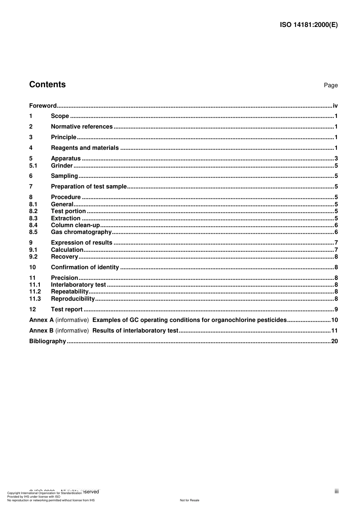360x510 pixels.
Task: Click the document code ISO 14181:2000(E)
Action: click(308, 25)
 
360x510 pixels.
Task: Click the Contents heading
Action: click(47, 85)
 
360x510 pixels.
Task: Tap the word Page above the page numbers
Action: click(330, 85)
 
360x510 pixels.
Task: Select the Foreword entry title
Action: click(43, 106)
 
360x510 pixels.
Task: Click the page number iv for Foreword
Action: click(335, 106)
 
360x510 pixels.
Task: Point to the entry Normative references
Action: click(81, 127)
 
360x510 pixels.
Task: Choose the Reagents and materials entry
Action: click(85, 148)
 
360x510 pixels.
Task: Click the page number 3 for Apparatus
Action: click(336, 158)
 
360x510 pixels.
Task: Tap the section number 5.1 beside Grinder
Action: click(33, 166)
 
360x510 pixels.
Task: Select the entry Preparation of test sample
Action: click(89, 187)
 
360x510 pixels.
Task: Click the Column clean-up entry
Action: click(75, 225)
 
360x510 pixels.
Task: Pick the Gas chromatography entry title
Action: click(81, 232)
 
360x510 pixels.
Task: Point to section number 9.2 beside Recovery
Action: click(33, 257)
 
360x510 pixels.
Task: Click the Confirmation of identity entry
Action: click(85, 267)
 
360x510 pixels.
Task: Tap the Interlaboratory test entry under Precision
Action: click(78, 285)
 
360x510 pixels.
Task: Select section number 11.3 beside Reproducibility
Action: click(35, 299)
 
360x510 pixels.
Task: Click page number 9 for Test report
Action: click(336, 309)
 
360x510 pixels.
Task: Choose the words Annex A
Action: click(41, 320)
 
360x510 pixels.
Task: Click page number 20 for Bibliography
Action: click(334, 341)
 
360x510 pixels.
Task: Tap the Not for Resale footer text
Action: click(189, 500)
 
